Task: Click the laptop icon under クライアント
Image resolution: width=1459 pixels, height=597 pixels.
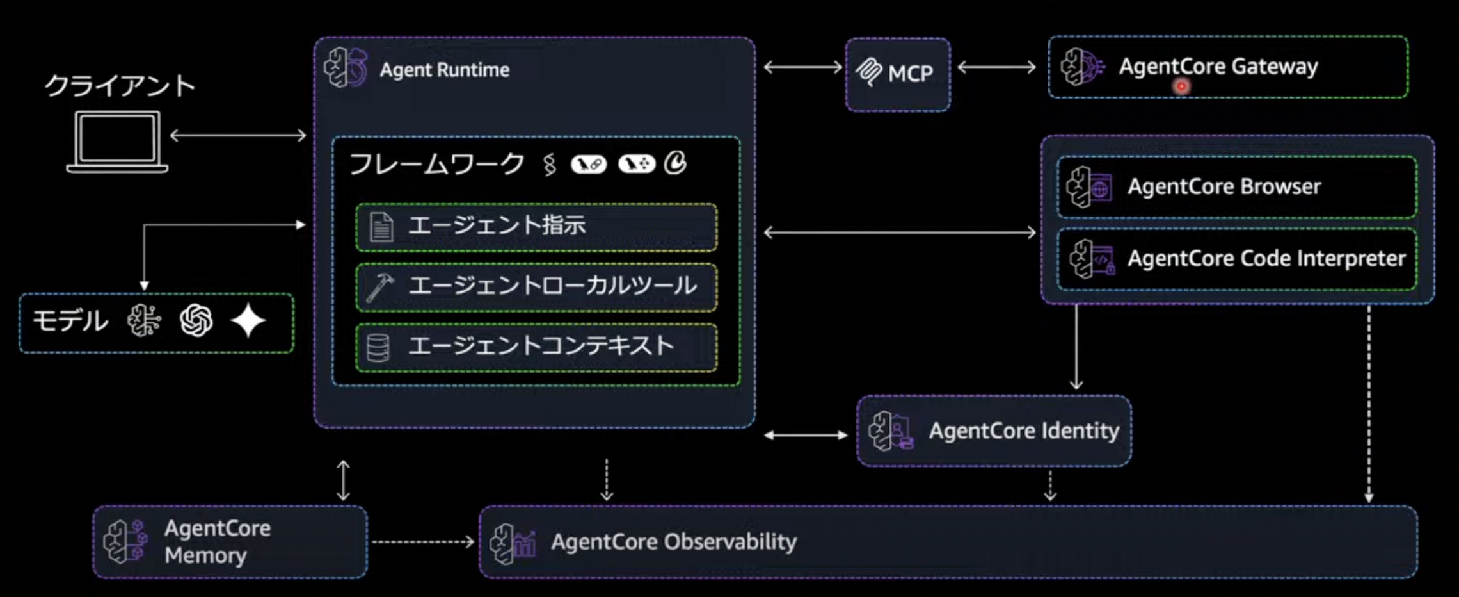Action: (117, 142)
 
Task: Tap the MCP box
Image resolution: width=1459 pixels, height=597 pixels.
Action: (897, 74)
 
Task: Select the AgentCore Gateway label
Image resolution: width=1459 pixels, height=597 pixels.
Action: (1218, 67)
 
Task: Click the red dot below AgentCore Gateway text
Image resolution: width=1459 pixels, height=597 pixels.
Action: (1181, 86)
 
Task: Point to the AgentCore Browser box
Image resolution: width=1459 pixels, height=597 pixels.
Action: (1236, 187)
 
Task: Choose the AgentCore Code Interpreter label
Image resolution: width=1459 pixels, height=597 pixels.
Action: (1266, 258)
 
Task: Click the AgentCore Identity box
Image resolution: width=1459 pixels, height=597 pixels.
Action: (994, 430)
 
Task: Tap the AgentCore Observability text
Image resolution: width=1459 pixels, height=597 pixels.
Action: (673, 542)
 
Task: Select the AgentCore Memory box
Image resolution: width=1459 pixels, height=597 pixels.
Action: (230, 542)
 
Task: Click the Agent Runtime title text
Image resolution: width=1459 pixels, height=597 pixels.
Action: (444, 70)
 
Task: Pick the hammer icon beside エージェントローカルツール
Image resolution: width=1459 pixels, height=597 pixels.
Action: (379, 288)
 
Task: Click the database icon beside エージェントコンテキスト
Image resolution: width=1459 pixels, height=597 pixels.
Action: (378, 348)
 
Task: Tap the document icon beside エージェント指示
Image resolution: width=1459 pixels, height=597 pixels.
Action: (381, 227)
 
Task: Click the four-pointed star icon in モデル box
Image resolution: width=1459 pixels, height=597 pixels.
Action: (248, 320)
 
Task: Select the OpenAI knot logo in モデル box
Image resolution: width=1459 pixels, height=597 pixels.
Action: (196, 320)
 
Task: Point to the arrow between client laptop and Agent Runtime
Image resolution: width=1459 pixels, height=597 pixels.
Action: (238, 135)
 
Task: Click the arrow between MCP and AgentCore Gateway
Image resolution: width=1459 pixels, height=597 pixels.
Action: (996, 67)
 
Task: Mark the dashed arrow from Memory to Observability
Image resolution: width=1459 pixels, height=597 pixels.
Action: (422, 542)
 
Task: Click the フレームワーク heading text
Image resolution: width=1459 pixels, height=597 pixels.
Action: (437, 164)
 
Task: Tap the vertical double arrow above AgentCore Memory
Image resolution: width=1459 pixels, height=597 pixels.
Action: (343, 480)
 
